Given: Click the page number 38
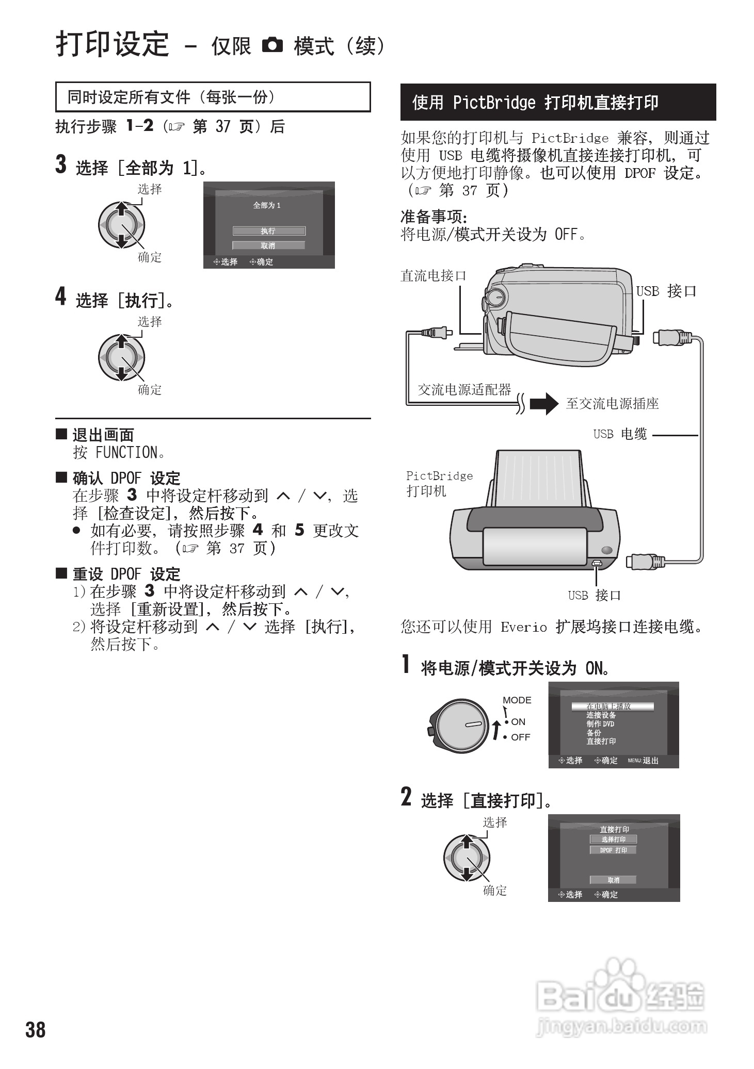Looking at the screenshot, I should (36, 1029).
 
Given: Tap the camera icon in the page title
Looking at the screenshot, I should (272, 45).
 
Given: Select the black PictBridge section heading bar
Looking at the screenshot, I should (558, 102).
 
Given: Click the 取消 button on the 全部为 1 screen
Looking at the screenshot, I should (268, 245).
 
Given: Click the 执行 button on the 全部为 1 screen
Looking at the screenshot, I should (268, 231).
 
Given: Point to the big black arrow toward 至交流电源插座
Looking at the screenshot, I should (544, 403).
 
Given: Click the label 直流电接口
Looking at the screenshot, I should (433, 276).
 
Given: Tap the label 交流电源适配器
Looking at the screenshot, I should (464, 389).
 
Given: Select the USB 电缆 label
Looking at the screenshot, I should (620, 434).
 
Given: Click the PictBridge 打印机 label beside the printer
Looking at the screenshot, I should (439, 483).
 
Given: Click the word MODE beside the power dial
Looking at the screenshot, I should (517, 700).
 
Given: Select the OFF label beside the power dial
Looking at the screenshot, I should (520, 737).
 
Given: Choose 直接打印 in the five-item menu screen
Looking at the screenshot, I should (601, 741).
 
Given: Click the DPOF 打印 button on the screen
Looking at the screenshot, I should (613, 850).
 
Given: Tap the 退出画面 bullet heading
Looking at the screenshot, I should (103, 435).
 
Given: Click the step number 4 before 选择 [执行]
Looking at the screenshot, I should (61, 297).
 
